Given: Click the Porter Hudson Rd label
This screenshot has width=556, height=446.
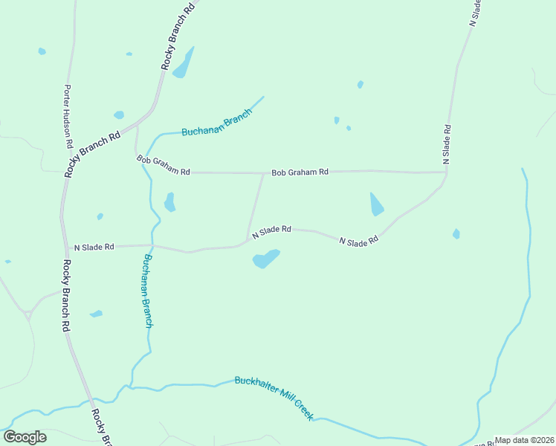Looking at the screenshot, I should pyautogui.click(x=68, y=115).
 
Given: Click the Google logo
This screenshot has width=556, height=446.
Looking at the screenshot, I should pyautogui.click(x=25, y=437).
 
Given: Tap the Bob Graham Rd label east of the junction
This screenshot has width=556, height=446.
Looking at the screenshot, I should pyautogui.click(x=300, y=172).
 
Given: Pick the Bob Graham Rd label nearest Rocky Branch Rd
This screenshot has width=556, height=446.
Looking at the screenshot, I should pyautogui.click(x=164, y=165).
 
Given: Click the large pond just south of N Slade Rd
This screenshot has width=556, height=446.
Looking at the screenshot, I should pyautogui.click(x=265, y=259).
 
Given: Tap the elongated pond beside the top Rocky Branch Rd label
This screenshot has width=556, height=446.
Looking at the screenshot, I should pyautogui.click(x=183, y=63).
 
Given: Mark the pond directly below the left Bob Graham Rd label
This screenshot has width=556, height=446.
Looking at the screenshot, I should pyautogui.click(x=169, y=202).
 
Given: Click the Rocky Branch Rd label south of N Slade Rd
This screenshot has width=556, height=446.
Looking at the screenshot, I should pyautogui.click(x=66, y=294).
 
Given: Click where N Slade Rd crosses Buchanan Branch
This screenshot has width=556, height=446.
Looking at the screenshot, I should pyautogui.click(x=152, y=245).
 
